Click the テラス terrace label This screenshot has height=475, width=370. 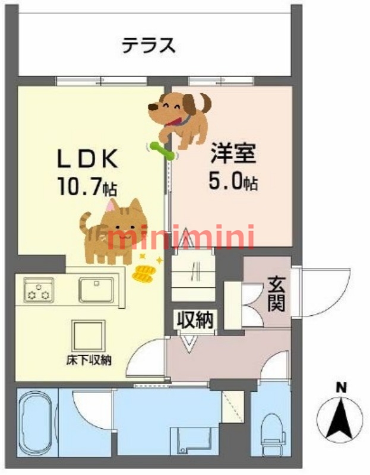149,46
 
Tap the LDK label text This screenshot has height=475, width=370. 87,159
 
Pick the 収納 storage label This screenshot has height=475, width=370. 195,320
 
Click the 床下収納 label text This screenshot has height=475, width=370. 88,360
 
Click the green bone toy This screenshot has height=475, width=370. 162,151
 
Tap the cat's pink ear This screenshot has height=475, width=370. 111,206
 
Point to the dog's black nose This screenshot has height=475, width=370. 153,107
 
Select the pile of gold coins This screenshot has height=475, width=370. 144,274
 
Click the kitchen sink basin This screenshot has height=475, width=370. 96,290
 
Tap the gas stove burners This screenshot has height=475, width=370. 39,290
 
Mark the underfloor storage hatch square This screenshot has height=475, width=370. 88,336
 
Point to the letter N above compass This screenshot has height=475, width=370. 341,388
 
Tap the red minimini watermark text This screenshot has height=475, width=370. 181,237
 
